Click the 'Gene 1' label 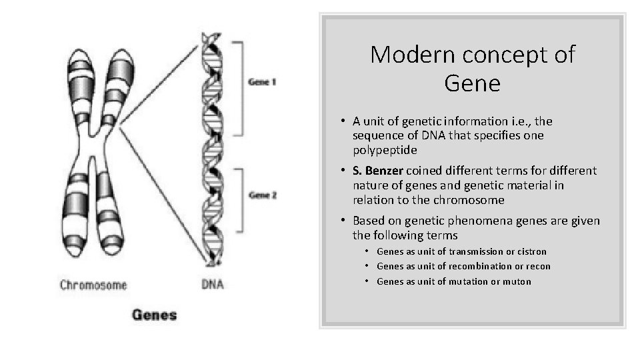[262, 82]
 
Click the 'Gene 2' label [262, 195]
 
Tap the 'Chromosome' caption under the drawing [93, 285]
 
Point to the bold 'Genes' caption [154, 314]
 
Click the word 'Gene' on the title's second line [472, 84]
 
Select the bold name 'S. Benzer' [383, 171]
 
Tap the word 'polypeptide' [385, 150]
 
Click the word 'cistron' [531, 251]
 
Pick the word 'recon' [537, 266]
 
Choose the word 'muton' [517, 281]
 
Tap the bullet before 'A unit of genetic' [340, 121]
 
